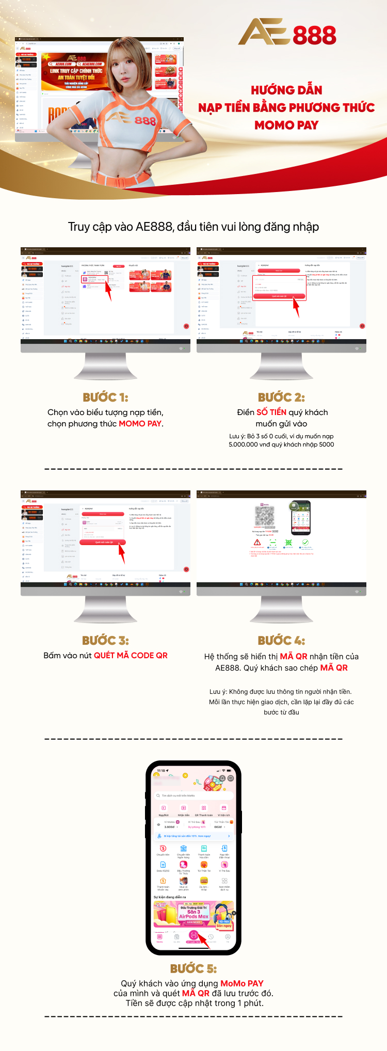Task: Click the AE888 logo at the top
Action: [287, 33]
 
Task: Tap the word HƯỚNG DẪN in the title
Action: [286, 90]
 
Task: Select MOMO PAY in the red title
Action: [286, 125]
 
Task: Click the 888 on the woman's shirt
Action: [145, 121]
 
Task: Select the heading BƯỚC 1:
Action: [105, 397]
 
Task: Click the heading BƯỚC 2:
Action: [281, 397]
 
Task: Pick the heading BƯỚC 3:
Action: [105, 641]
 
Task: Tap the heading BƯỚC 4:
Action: [281, 641]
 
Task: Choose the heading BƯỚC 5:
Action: [193, 968]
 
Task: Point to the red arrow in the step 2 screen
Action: [296, 308]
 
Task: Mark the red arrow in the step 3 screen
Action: [122, 553]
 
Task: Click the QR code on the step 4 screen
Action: [265, 515]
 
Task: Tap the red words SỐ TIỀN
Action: [271, 412]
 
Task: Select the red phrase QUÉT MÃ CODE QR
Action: [131, 656]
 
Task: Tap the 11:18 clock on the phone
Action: [162, 771]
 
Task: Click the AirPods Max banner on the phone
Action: [194, 914]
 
